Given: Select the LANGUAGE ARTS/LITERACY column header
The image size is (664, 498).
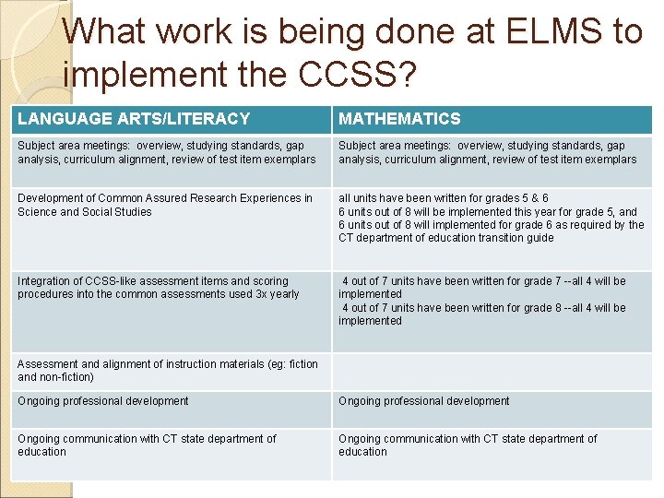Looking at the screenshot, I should pos(134,118).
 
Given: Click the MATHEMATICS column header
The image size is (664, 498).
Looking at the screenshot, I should pos(399,118).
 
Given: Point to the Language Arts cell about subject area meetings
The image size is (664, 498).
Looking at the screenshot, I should pos(166,152).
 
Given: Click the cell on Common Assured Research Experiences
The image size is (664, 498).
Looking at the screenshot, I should pos(165,205).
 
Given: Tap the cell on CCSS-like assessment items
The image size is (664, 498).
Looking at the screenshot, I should pos(159,288).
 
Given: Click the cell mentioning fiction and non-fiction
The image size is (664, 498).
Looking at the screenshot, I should pos(168,371).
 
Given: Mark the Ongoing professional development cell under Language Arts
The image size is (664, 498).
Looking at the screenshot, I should pos(103,401).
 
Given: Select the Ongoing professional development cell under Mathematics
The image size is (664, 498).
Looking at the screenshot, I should pos(424,401).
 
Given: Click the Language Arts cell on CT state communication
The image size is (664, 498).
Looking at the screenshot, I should pos(147,445).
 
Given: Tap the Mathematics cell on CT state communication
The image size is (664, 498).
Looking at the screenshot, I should pos(468,445).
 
